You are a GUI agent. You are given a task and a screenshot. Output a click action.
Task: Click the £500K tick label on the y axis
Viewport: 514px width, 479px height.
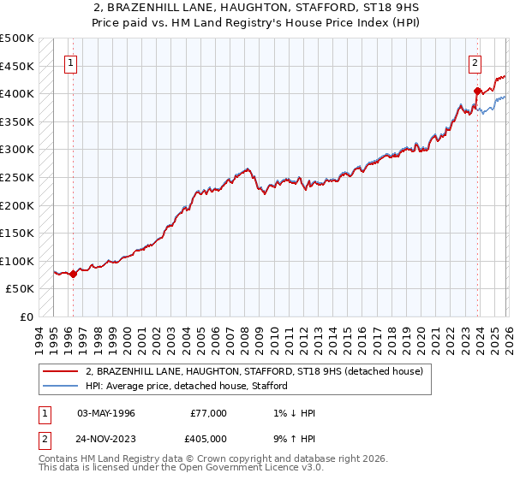tap(17, 38)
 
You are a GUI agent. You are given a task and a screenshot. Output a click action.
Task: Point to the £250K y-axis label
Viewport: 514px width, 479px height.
tap(17, 178)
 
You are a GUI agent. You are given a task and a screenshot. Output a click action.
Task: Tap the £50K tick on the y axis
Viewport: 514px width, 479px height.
tap(21, 289)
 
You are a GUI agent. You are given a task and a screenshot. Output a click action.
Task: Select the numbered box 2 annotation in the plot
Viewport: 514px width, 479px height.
tap(474, 62)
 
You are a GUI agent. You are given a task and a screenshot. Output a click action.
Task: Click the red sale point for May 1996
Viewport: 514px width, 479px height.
tap(73, 274)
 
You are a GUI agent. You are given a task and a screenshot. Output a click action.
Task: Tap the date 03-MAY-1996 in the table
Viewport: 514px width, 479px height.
tap(106, 413)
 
